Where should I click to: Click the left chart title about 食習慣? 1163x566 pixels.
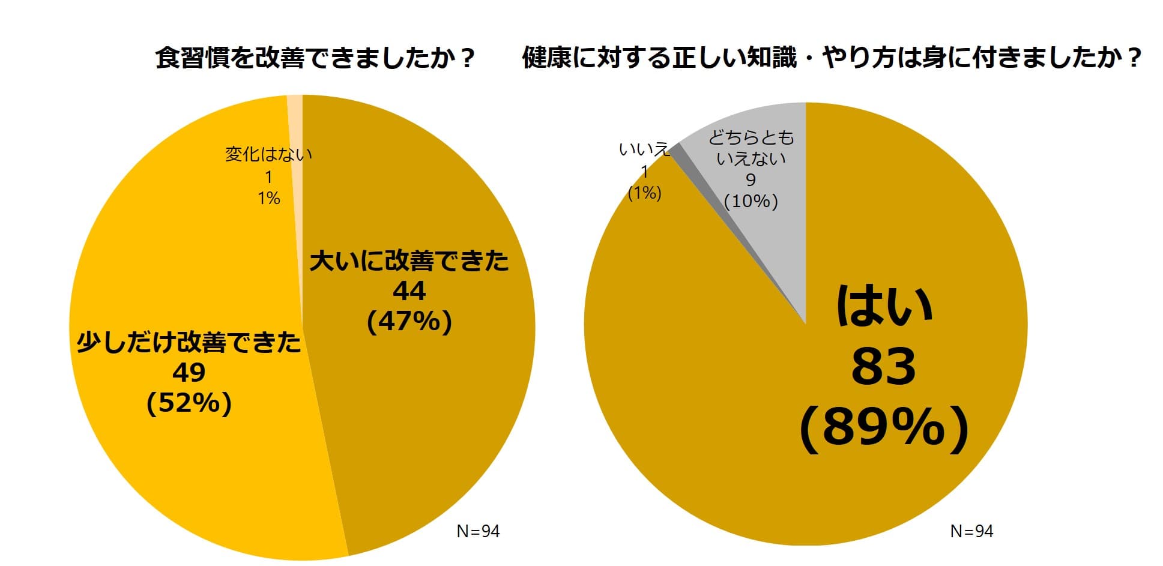pos(315,59)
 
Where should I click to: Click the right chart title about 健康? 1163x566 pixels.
pos(831,59)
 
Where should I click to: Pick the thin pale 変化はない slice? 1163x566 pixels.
pos(295,120)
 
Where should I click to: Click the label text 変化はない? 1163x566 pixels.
pos(268,154)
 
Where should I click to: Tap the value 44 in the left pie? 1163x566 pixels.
pos(409,291)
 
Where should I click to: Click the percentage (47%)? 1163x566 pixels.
pos(409,322)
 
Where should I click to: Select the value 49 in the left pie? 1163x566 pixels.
pos(189,373)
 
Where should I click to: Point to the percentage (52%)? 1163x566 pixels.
pos(189,403)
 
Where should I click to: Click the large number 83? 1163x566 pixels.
pos(884,367)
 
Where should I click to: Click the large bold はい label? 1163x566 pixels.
pos(884,306)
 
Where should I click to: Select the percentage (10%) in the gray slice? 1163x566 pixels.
pos(751,201)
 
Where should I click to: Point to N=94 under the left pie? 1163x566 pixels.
pos(478,531)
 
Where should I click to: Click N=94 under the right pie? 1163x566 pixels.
pos(971,531)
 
